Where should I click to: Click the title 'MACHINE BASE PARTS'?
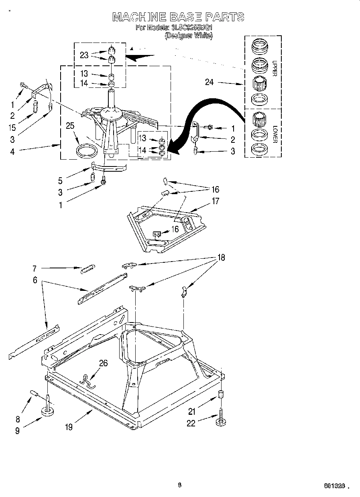(178, 17)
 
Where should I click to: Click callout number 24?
(209, 83)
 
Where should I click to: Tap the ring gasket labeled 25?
(87, 151)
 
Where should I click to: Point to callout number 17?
(216, 201)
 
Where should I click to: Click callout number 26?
(104, 363)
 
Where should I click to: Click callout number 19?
(69, 427)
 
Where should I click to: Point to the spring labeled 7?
(87, 270)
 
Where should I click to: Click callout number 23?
(84, 55)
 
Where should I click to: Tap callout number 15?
(12, 128)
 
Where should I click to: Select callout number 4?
(12, 152)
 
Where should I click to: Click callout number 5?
(60, 181)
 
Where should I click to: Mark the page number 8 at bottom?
(179, 485)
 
